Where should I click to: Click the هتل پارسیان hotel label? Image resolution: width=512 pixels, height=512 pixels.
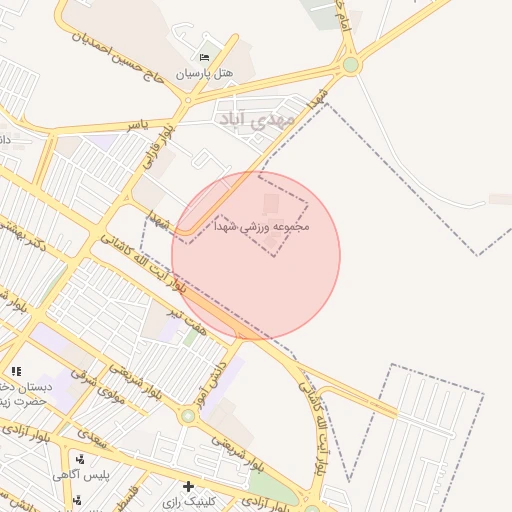tap(204, 73)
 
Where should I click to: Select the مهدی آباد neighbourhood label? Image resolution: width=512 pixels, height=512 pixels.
tap(256, 118)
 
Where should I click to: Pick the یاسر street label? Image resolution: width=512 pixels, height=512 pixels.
tap(136, 124)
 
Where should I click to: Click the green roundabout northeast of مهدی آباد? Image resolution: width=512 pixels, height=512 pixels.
tap(350, 66)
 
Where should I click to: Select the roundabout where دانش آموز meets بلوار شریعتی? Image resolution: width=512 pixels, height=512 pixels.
tap(187, 415)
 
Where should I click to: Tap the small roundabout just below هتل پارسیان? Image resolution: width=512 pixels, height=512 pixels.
tap(186, 100)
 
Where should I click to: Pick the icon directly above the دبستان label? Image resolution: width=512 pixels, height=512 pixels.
tap(16, 372)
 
